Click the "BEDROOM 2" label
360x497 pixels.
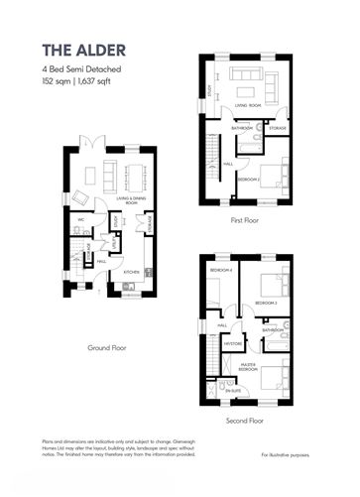(247, 180)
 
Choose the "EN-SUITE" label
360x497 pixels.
(234, 392)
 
